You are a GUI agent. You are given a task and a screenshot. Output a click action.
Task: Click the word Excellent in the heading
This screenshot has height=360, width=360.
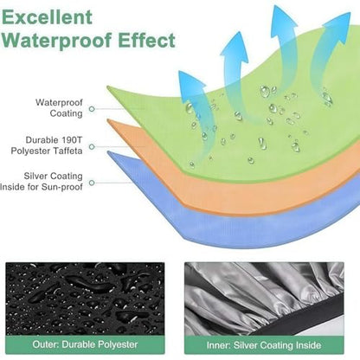click(47, 16)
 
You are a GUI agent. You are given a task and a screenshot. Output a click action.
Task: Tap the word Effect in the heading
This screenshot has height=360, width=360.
click(146, 40)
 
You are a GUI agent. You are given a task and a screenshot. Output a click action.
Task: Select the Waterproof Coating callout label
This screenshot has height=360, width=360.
click(59, 108)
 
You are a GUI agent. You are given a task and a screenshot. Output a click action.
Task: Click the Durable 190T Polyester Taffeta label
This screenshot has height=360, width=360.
click(47, 145)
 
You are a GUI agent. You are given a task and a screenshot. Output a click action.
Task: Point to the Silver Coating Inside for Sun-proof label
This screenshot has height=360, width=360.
click(42, 182)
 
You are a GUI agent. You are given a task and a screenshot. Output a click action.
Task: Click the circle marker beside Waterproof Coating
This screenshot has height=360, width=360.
click(92, 109)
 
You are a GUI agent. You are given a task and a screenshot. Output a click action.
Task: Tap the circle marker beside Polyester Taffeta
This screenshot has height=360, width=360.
click(92, 147)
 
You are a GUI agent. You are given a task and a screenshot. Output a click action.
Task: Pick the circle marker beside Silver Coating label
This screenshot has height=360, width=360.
click(92, 183)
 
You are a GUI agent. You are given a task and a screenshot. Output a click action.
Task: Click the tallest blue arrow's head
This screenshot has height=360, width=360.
click(283, 19)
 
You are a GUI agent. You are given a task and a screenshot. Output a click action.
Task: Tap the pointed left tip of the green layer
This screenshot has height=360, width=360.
click(107, 87)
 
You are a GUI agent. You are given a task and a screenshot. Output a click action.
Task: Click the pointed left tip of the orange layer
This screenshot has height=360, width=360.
click(108, 119)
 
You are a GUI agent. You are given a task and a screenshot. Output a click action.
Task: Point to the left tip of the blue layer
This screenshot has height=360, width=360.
click(108, 152)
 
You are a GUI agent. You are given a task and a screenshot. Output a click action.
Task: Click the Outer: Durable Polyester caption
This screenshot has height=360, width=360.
click(85, 344)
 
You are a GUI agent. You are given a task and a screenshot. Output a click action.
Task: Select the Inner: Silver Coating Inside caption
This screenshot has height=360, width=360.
click(264, 345)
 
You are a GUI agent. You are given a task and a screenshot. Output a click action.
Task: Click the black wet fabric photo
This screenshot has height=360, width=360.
click(85, 299)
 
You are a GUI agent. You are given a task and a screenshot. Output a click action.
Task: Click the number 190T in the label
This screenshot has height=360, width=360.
click(72, 140)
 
